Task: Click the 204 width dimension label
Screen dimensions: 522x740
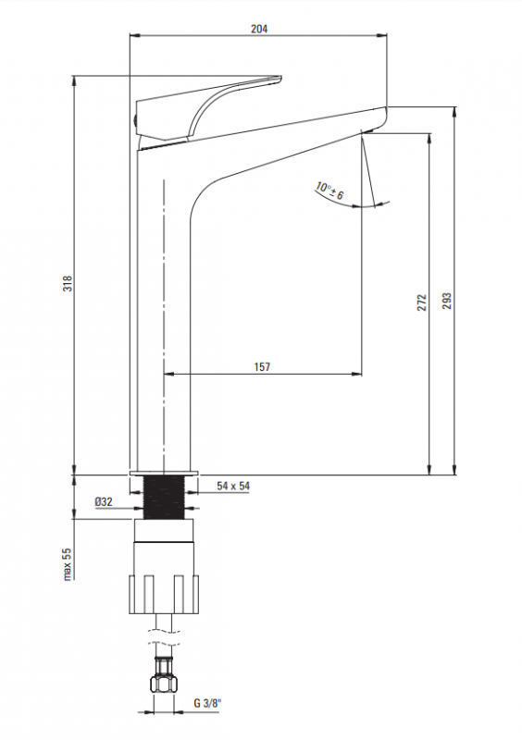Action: (x=259, y=29)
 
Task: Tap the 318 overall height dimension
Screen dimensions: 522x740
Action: (x=68, y=283)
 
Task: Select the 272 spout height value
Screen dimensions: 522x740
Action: (x=422, y=302)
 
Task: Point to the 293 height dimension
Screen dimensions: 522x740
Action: (x=447, y=301)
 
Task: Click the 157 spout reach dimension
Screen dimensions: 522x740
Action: (x=262, y=366)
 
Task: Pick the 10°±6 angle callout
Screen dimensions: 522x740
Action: (x=329, y=191)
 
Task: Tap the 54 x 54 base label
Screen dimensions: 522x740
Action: (x=233, y=486)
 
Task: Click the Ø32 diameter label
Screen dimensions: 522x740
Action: (x=104, y=501)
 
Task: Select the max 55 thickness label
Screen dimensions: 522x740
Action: (x=67, y=564)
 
